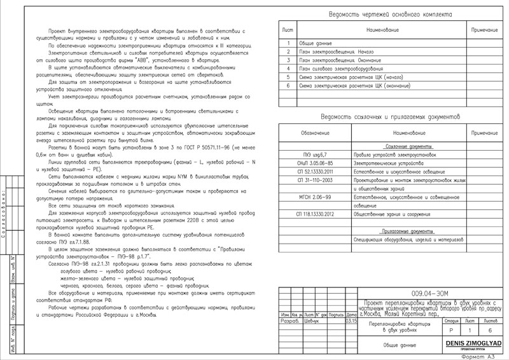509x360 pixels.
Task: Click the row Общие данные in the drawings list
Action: [317, 43]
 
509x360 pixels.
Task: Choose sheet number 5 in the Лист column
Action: [288, 76]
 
